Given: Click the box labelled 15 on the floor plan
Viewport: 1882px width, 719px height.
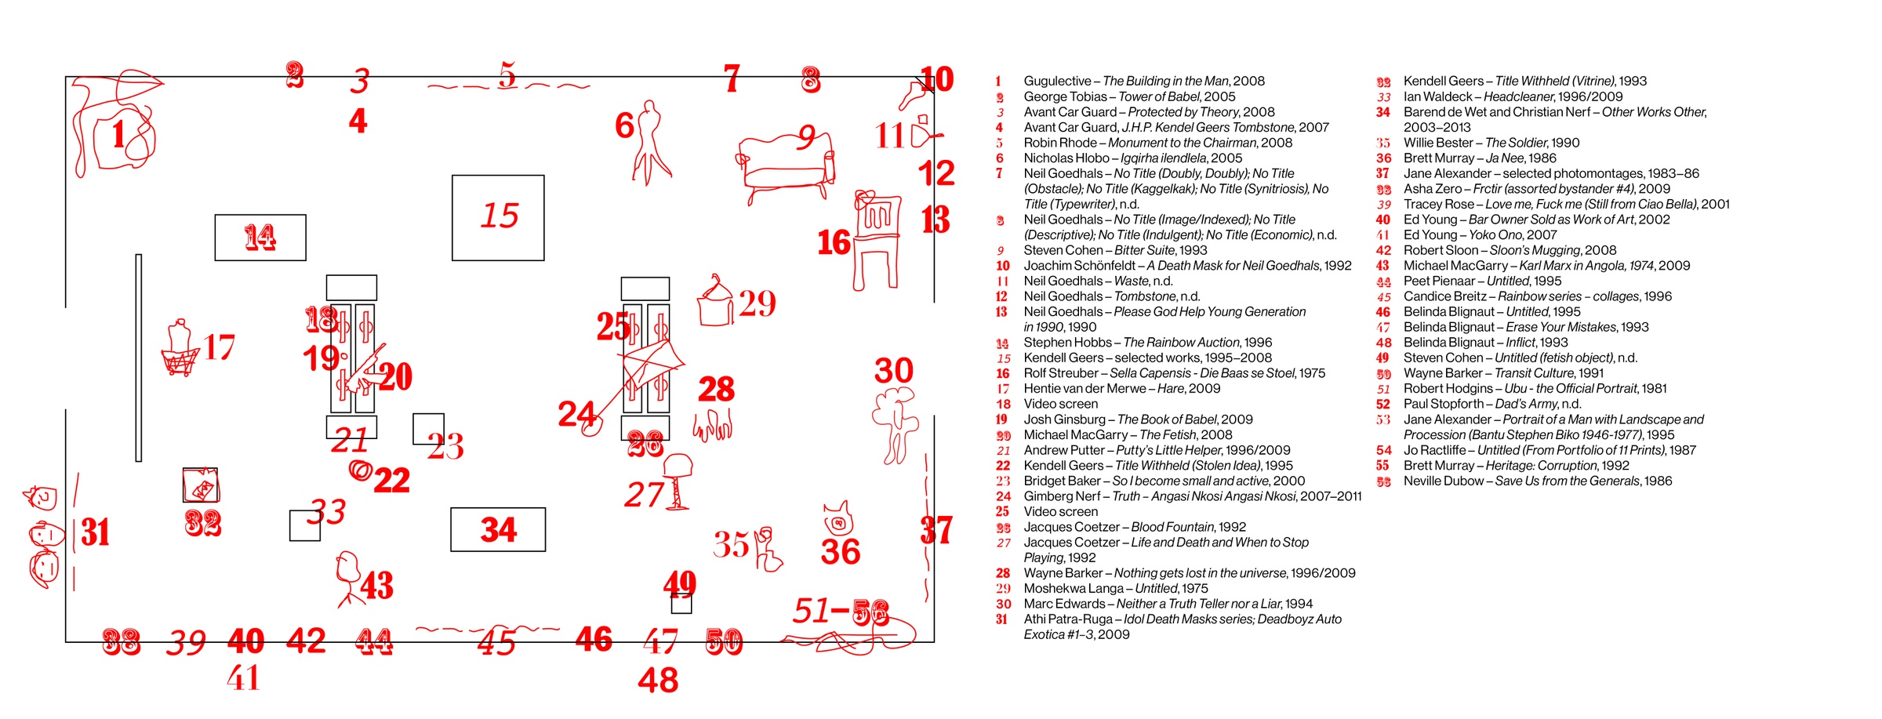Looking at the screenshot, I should [498, 217].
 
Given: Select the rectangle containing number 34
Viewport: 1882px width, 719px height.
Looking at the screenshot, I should [498, 529].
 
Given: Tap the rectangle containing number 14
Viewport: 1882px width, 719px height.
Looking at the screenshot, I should [260, 237].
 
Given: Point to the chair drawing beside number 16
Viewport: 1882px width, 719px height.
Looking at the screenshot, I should [877, 239].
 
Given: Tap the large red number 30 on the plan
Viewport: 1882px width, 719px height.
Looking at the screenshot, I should [894, 371].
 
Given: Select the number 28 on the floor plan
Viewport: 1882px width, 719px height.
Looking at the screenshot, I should [716, 389].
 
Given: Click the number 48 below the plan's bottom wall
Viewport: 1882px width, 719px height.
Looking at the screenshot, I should [658, 681].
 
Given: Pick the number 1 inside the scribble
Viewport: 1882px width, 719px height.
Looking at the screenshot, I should [118, 134].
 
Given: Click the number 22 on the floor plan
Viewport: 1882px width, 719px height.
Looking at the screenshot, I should [391, 481].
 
